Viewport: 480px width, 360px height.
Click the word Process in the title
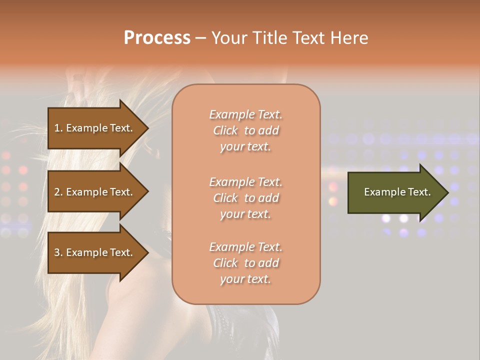(157, 38)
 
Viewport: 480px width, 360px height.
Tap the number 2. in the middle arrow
(58, 192)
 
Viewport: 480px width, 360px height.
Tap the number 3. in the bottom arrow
(58, 252)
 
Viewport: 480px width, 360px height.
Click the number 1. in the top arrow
(58, 128)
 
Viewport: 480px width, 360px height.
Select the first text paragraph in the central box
(246, 130)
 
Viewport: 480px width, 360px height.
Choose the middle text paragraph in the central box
(246, 198)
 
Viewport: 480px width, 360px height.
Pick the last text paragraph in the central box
(246, 263)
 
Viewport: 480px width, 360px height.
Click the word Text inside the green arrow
(419, 192)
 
